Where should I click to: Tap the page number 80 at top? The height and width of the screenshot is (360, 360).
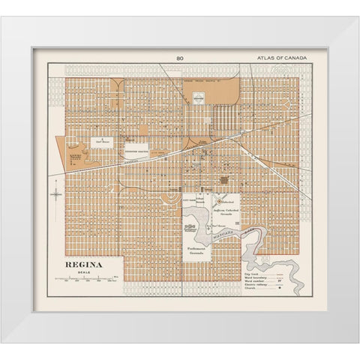click(179, 58)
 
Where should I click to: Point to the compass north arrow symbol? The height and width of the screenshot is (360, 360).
click(56, 194)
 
